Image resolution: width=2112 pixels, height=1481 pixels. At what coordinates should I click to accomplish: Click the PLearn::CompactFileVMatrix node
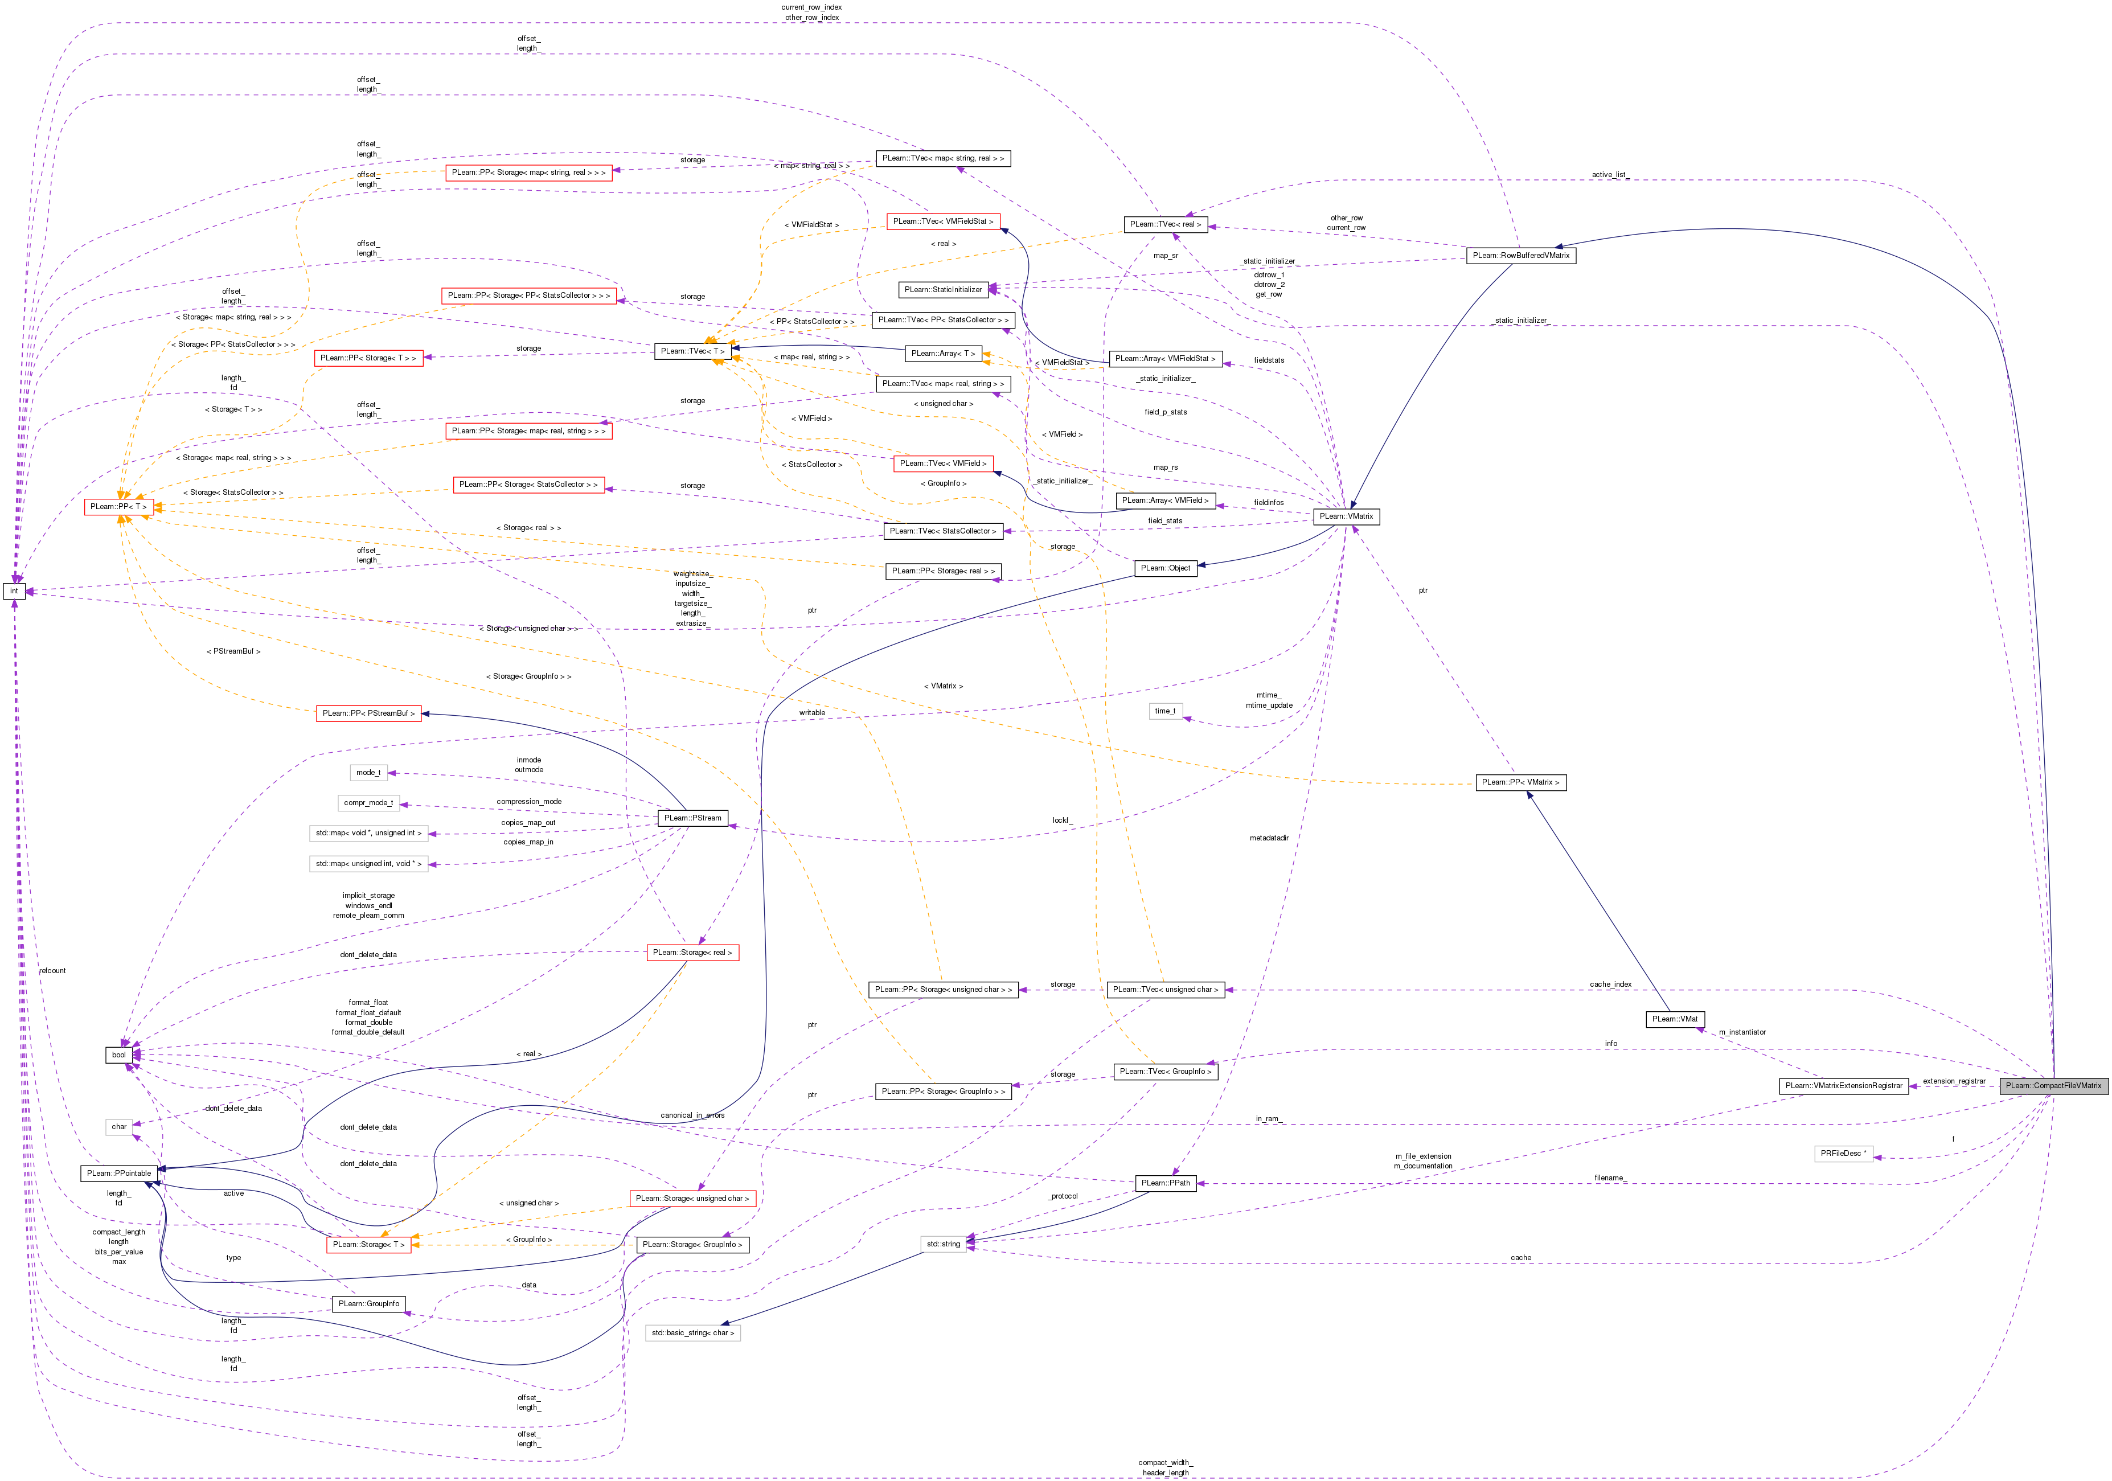2053,1085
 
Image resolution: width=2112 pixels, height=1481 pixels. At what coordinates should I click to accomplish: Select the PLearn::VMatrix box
1346,516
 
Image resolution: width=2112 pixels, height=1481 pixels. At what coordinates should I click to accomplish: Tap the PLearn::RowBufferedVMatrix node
1520,255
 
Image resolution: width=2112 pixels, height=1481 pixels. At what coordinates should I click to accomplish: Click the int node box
14,590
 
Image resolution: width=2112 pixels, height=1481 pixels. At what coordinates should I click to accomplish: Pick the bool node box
118,1054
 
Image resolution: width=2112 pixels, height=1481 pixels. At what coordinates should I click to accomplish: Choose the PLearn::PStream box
692,818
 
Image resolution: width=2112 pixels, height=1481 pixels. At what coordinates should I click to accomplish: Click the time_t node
1164,711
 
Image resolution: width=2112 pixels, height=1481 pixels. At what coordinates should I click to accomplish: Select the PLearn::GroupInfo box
368,1303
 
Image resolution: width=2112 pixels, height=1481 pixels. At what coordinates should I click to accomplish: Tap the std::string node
943,1244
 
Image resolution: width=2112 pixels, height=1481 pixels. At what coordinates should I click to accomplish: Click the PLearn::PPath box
1166,1183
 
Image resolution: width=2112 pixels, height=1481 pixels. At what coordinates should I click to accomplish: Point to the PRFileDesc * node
1843,1152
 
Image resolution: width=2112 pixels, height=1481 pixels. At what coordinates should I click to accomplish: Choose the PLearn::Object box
1166,568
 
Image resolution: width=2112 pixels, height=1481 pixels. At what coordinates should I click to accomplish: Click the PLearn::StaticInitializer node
943,290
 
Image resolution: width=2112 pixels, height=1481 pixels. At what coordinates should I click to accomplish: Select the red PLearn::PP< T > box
118,507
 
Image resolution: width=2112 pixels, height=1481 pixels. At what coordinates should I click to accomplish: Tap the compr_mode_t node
368,803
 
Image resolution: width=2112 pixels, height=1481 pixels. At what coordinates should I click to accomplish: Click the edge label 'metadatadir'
1269,838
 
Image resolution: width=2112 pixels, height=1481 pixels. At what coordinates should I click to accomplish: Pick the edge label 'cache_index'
1611,984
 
